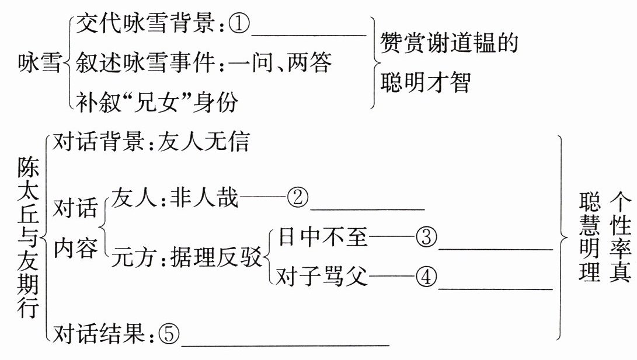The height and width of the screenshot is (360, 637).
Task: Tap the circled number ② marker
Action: pos(297,198)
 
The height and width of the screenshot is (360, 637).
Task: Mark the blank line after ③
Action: pos(495,248)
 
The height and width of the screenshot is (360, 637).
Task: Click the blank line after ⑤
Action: pos(285,344)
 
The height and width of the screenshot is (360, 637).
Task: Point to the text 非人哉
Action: pos(204,198)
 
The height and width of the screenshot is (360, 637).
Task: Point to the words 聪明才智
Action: pos(425,83)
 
